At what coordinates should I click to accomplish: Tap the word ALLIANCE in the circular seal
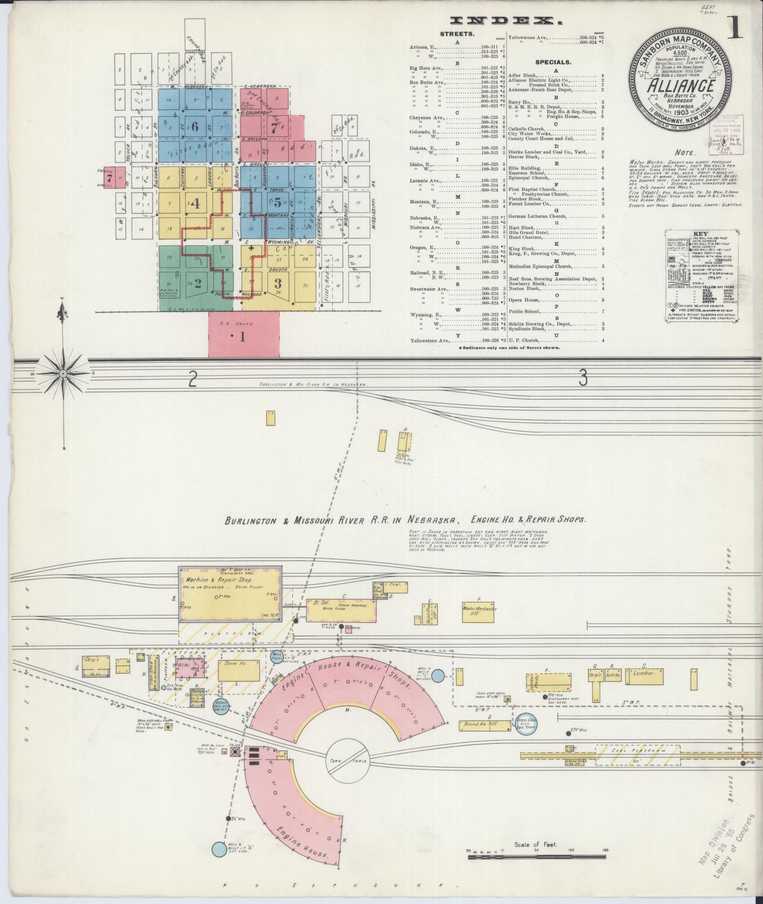(680, 86)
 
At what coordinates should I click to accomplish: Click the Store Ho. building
(239, 671)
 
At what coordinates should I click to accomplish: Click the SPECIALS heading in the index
(553, 62)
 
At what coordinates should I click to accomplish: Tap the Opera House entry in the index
(524, 300)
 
